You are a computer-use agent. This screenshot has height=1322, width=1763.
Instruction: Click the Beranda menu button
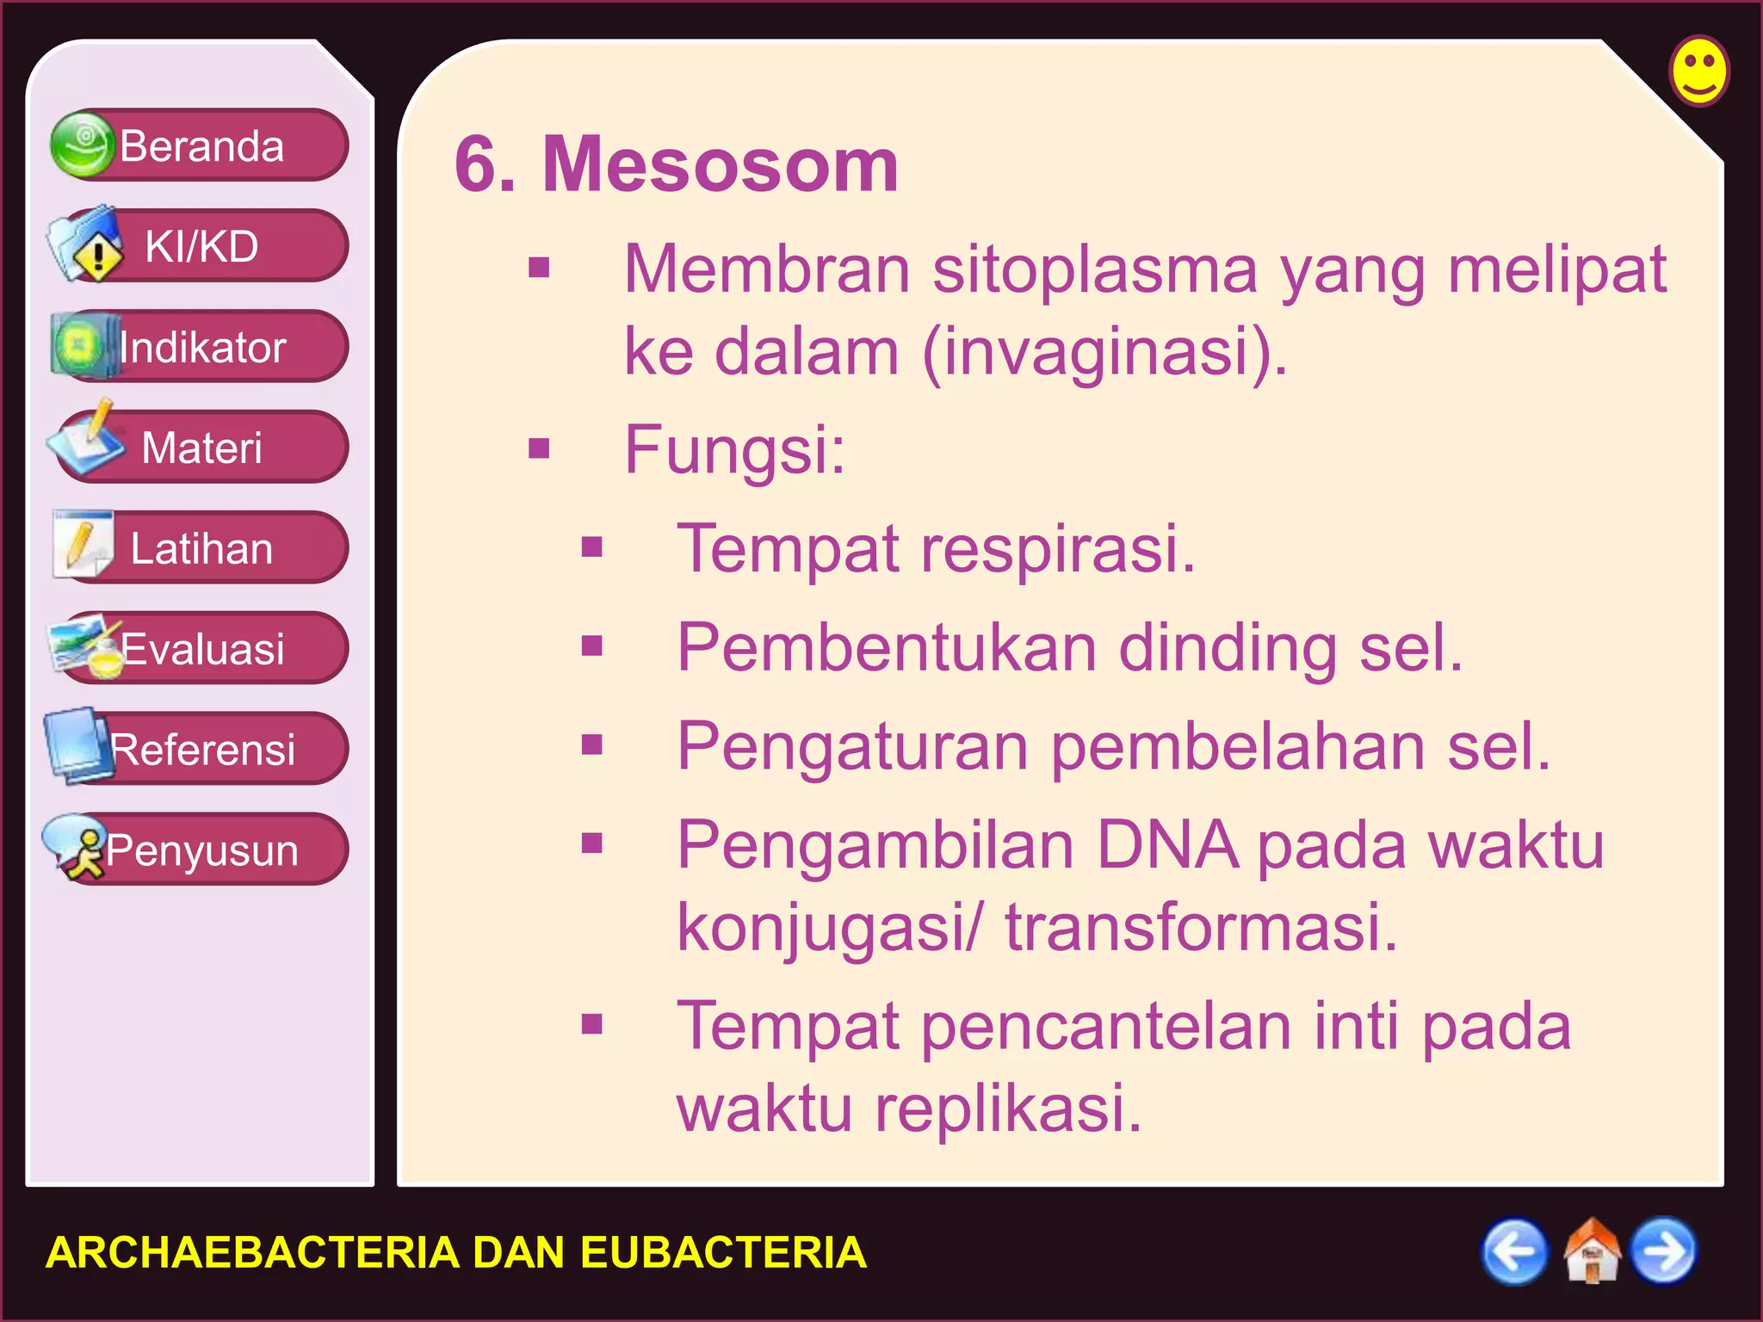[200, 145]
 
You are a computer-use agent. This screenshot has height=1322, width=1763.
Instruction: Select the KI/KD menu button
[200, 246]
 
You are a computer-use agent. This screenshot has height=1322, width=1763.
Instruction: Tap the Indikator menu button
[200, 347]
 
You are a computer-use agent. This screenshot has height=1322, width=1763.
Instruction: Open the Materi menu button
[200, 448]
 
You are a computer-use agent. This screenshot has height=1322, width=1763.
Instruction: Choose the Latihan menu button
[200, 548]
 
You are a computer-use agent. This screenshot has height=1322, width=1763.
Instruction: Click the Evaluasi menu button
[200, 648]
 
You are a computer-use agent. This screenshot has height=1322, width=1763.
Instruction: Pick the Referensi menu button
[200, 749]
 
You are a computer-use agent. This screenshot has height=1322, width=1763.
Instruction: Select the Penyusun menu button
[200, 849]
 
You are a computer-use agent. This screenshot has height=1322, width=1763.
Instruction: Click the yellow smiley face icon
[1698, 71]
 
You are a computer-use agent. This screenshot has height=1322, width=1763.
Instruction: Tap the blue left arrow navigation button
[1514, 1251]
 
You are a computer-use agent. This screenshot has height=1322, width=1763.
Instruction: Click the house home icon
[1591, 1251]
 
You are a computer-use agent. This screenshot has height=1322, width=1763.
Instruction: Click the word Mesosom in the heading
[720, 165]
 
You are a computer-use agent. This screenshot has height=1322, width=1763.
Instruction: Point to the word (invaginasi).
[1104, 352]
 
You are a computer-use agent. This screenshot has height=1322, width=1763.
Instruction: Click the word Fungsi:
[734, 449]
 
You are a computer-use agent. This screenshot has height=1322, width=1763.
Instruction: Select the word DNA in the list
[1166, 845]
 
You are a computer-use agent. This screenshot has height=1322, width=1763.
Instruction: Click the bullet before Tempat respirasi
[591, 547]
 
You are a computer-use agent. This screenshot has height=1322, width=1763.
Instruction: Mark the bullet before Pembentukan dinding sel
[591, 646]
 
